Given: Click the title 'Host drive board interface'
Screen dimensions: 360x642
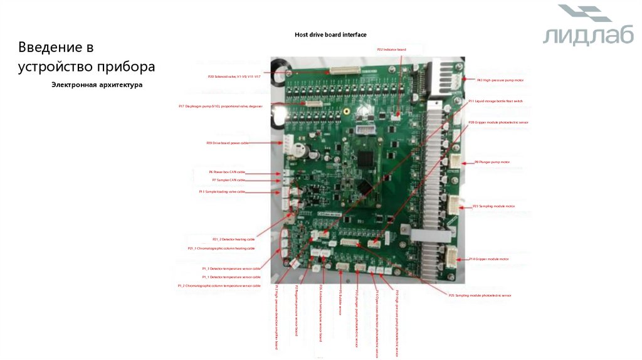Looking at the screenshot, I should coord(330,34).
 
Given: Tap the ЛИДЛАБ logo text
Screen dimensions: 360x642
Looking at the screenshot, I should coord(588,36).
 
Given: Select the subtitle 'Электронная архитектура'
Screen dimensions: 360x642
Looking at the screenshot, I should coord(97,85).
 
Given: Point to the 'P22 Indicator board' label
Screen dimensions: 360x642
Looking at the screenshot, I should coord(391,50).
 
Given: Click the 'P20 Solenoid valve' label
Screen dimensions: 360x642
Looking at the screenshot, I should coord(235,77).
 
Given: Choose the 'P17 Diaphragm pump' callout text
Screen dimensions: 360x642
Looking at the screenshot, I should coord(220,106).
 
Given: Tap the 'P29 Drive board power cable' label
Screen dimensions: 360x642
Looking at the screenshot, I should coord(227,143).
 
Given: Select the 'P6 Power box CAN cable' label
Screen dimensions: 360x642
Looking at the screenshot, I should coord(227,171).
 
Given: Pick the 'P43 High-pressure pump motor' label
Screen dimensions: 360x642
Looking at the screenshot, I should coord(500,80).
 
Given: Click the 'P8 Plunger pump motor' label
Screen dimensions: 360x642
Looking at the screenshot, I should coord(492,162).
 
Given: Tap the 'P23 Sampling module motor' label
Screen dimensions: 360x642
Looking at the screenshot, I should coord(493,206).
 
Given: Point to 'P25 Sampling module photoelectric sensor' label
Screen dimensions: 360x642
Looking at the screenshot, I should coord(480,295).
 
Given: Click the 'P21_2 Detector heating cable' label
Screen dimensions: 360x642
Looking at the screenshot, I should coord(233,239).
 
